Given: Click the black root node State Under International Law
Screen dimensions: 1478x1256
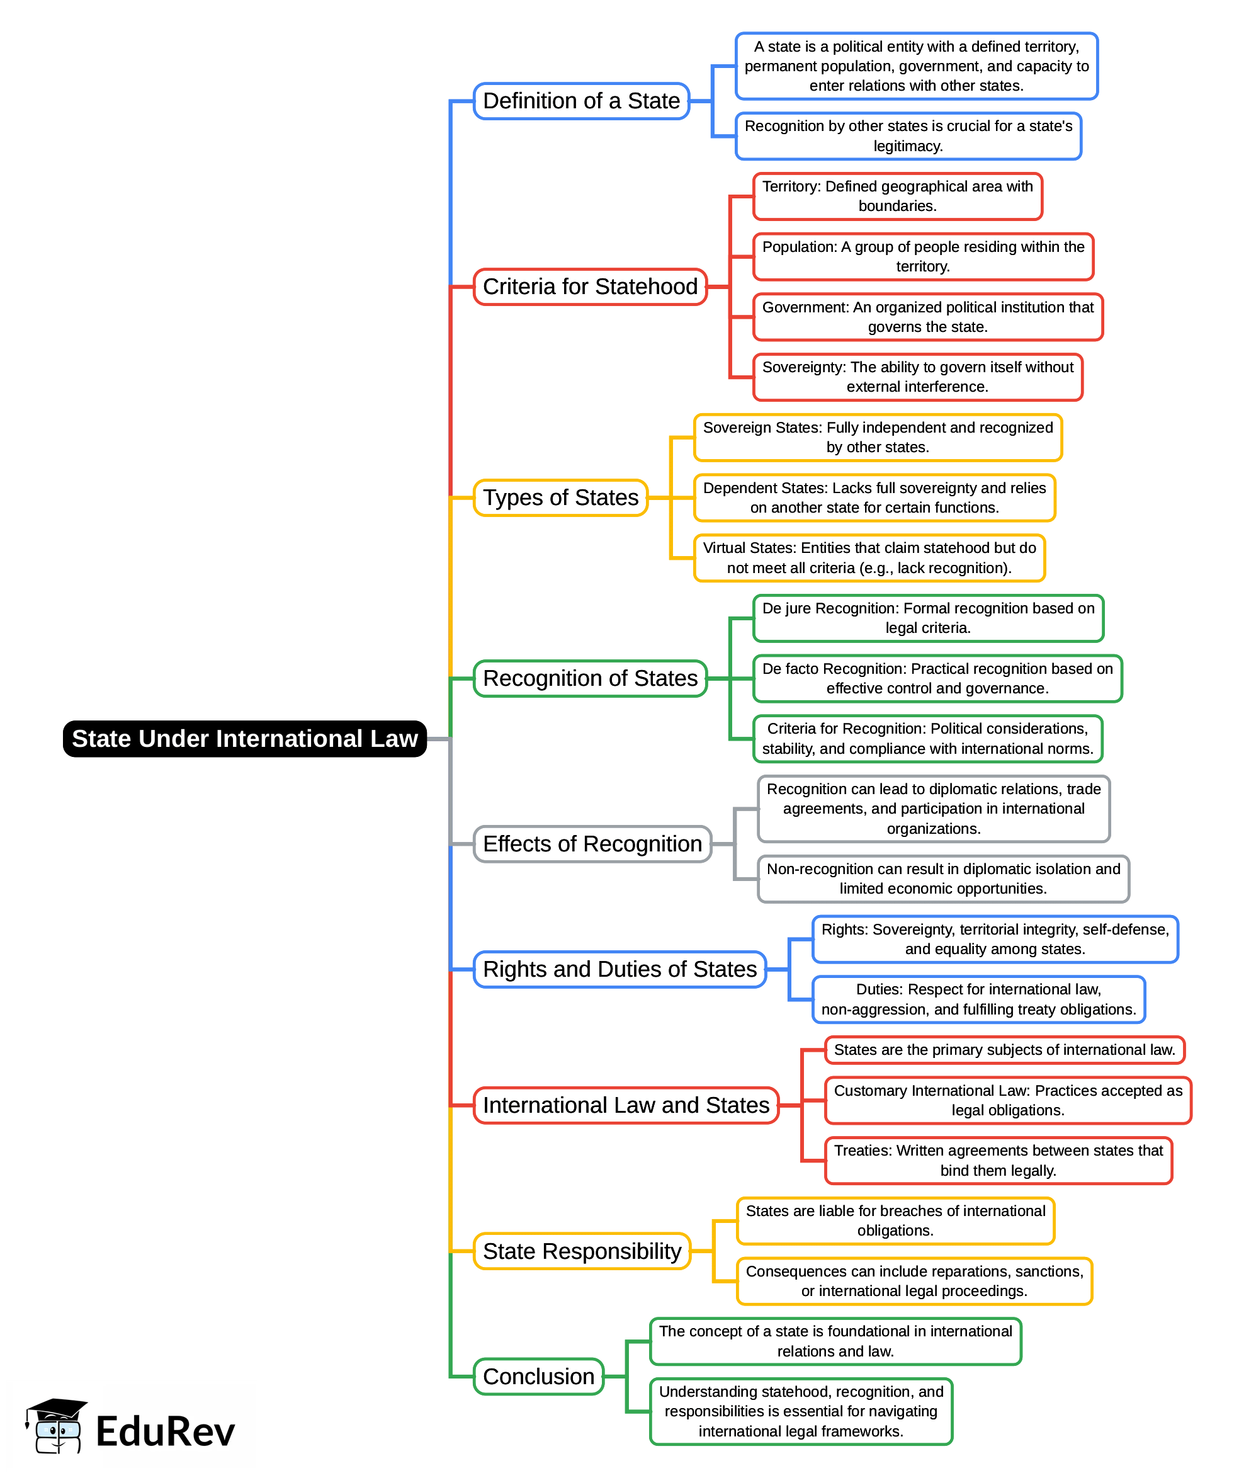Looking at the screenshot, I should point(244,739).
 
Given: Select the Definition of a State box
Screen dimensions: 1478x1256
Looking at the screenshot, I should point(581,101).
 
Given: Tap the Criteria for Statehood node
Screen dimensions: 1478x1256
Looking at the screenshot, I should point(589,287).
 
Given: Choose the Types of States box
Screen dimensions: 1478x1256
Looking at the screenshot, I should point(560,497).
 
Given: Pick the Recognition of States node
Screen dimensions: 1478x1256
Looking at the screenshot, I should point(589,678).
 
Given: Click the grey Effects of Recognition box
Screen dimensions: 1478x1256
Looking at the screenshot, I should point(592,843).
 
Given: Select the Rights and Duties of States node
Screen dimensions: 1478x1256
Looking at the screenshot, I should point(620,969).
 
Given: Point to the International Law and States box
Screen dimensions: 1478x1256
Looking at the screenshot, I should point(626,1105).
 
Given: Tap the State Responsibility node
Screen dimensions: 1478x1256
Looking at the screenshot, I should point(582,1251).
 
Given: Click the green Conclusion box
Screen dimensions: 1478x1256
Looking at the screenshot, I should point(538,1376).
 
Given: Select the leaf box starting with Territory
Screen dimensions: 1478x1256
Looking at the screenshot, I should point(897,196).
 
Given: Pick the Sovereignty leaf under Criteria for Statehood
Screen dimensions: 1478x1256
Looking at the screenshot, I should point(917,377).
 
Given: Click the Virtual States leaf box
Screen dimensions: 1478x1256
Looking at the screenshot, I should point(869,558).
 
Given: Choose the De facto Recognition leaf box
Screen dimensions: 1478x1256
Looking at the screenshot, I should point(937,678).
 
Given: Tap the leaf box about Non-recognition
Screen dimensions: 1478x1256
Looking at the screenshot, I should point(942,878).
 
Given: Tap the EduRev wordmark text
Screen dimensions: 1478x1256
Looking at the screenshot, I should point(165,1431).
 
